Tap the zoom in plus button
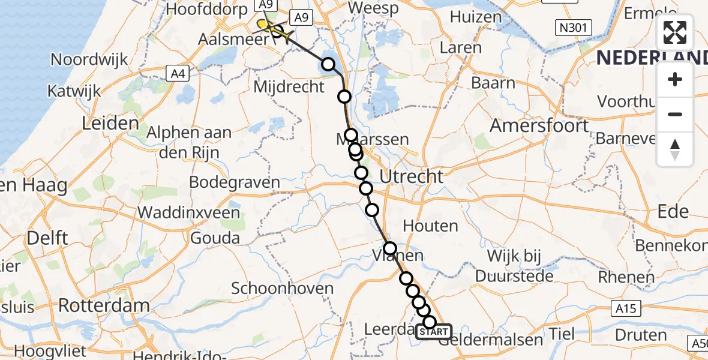(675, 80)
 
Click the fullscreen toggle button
(675, 33)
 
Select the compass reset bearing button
(675, 149)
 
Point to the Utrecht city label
(412, 176)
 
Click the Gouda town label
(215, 238)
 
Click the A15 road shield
(627, 308)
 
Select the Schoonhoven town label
(282, 289)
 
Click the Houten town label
(431, 226)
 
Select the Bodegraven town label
(234, 182)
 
